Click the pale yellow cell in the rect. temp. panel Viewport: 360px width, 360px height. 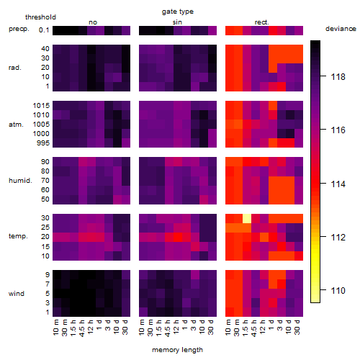[247, 218]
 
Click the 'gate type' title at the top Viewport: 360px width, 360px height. [178, 12]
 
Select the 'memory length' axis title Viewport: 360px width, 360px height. [177, 350]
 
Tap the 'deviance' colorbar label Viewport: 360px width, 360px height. [341, 29]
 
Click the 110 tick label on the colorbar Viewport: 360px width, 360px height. [338, 291]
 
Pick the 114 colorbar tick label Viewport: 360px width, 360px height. [338, 184]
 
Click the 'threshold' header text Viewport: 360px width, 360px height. [40, 17]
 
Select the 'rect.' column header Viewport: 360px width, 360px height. [261, 22]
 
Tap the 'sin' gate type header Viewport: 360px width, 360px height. [177, 22]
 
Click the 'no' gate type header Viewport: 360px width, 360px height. [93, 22]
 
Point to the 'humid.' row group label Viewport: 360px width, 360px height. [20, 181]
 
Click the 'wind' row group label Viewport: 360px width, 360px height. [17, 294]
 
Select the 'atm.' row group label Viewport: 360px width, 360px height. [16, 125]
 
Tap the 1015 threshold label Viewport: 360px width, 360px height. [41, 106]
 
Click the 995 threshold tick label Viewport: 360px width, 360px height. [43, 143]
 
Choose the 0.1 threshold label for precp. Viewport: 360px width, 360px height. [44, 30]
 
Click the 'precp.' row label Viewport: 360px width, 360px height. [19, 29]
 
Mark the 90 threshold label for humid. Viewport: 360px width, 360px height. [45, 162]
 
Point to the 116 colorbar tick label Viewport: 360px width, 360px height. [338, 130]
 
